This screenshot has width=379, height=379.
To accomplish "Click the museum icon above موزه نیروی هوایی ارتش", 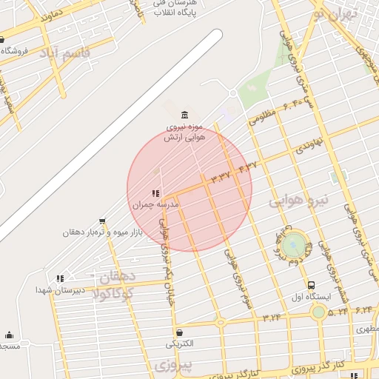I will coord(184,115).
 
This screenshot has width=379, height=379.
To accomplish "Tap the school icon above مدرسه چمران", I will coord(155,194).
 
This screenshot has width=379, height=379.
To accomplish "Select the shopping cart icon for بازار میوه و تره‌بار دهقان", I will coord(101,221).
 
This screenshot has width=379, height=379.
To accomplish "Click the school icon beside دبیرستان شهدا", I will coord(59,279).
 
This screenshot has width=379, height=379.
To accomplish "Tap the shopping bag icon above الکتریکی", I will coord(179,332).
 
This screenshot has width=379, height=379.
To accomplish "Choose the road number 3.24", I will coord(271,317).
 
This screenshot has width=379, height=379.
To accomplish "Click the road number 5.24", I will coord(338,312).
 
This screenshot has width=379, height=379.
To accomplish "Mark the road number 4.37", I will coord(246,167).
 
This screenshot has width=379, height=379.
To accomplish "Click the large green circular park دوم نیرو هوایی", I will coord(294,244).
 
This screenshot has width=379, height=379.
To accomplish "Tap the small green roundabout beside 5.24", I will coord(318,312).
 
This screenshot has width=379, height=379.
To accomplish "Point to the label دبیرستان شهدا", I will coord(59,291).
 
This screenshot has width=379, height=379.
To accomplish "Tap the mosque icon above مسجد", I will coord(9,335).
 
